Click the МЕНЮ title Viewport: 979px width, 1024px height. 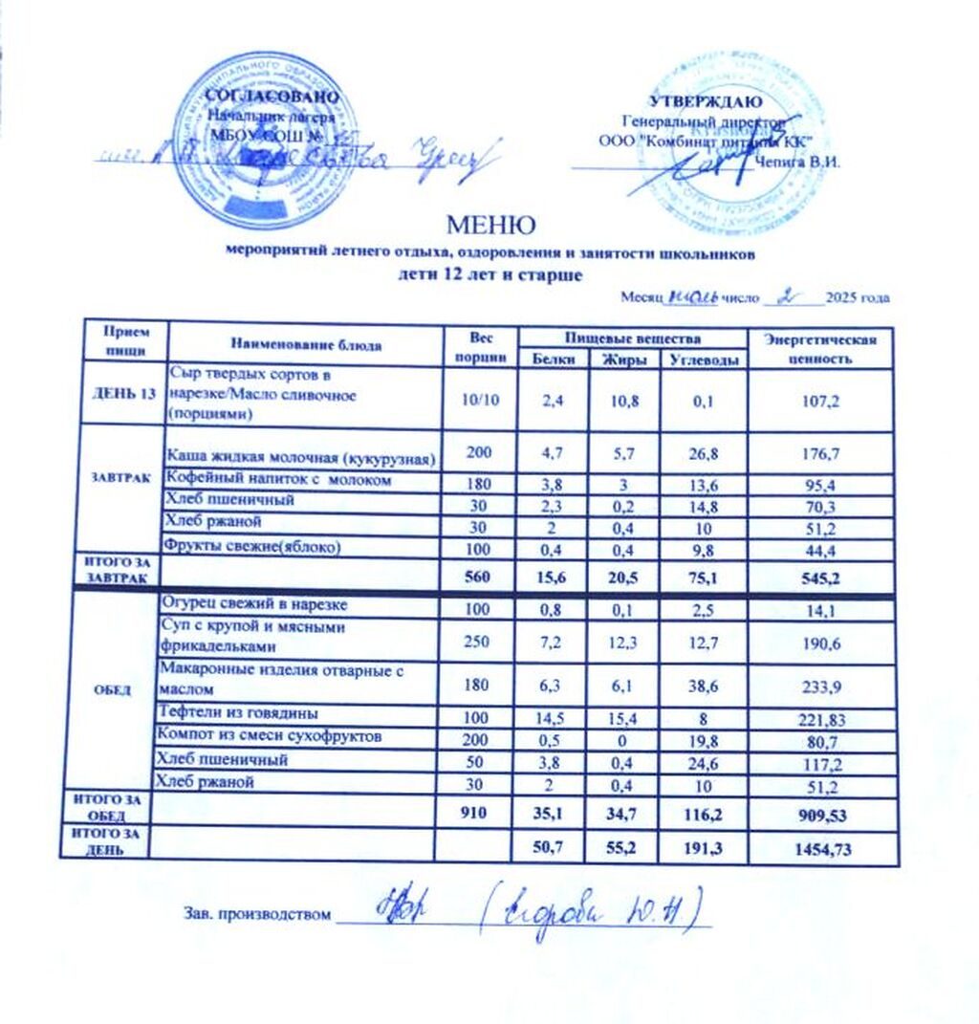[490, 227]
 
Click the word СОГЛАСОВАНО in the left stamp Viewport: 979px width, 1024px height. [272, 97]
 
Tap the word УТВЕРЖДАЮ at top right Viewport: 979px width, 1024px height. [706, 102]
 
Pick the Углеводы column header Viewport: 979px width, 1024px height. [703, 359]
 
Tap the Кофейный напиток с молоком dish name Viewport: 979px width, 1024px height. [279, 480]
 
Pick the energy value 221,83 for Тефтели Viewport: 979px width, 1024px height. [822, 716]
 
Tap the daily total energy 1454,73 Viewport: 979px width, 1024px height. [822, 849]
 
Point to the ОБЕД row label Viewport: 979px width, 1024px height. [106, 690]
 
